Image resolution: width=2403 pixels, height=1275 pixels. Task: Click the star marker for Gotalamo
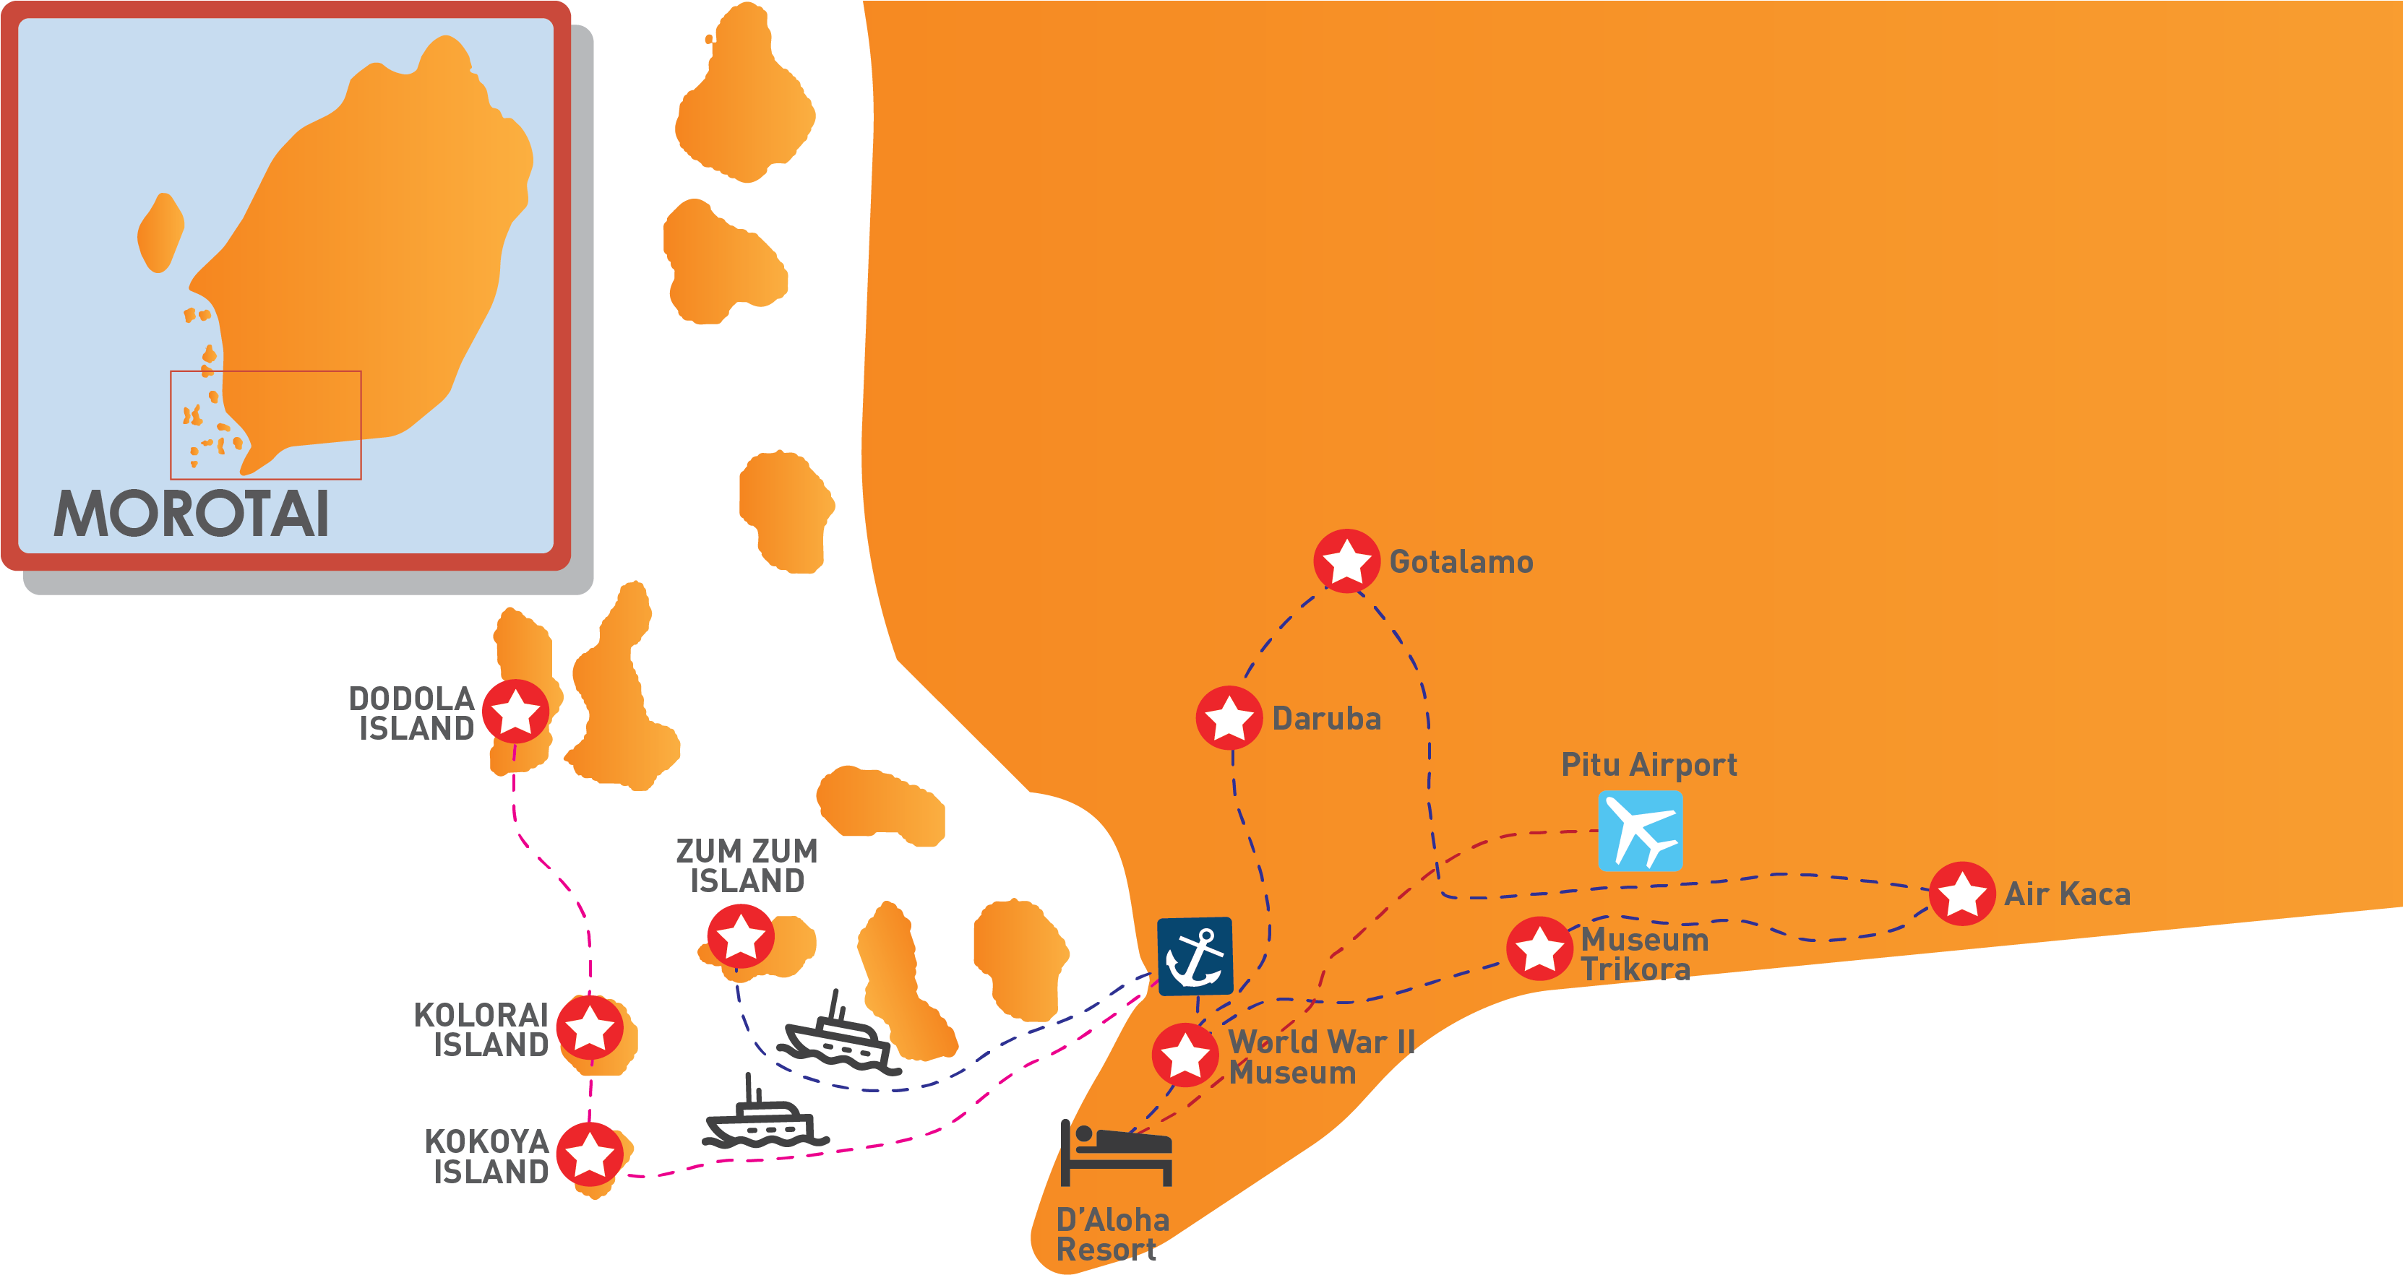1346,561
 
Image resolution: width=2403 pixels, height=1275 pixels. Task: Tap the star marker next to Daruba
1229,717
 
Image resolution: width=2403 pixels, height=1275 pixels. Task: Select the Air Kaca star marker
1961,893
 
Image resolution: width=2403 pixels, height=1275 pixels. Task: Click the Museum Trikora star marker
1539,948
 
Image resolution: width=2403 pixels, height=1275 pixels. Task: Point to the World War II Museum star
1185,1055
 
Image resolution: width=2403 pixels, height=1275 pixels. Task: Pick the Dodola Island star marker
515,712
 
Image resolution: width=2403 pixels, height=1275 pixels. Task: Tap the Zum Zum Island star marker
740,935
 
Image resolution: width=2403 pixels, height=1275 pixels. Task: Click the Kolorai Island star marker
590,1028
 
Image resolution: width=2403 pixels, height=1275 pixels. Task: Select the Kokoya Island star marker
590,1154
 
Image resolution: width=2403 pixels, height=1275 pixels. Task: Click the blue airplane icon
1640,830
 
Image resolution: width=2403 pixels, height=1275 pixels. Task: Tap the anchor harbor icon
1195,956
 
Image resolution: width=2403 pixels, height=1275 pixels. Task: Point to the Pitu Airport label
1648,765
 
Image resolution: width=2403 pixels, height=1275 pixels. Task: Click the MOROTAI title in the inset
192,514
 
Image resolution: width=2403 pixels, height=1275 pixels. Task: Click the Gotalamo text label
1461,561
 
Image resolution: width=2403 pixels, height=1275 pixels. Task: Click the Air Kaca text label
2067,894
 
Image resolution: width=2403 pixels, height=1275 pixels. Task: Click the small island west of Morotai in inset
160,232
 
